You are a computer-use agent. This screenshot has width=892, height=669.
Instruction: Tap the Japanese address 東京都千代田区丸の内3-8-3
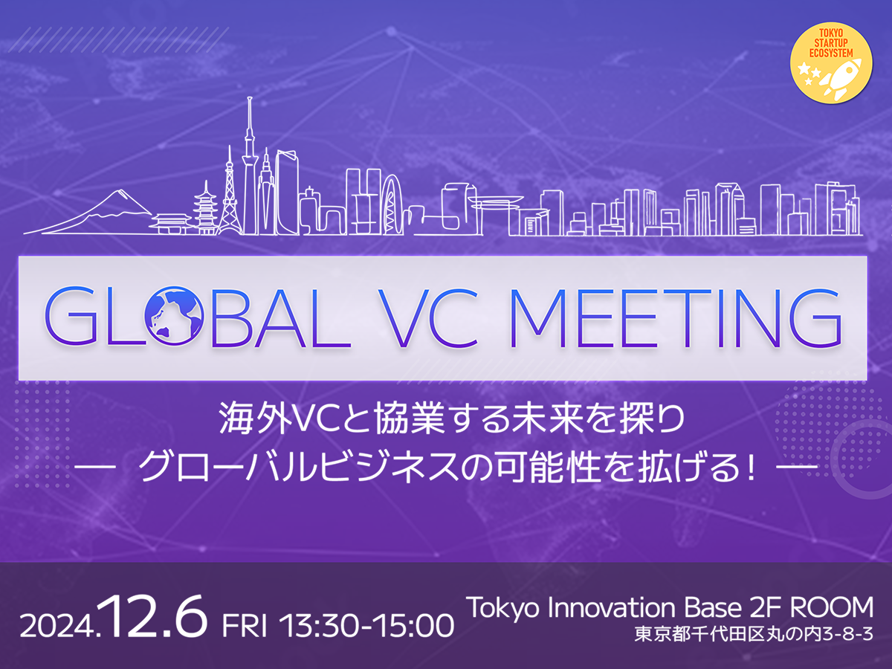753,636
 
